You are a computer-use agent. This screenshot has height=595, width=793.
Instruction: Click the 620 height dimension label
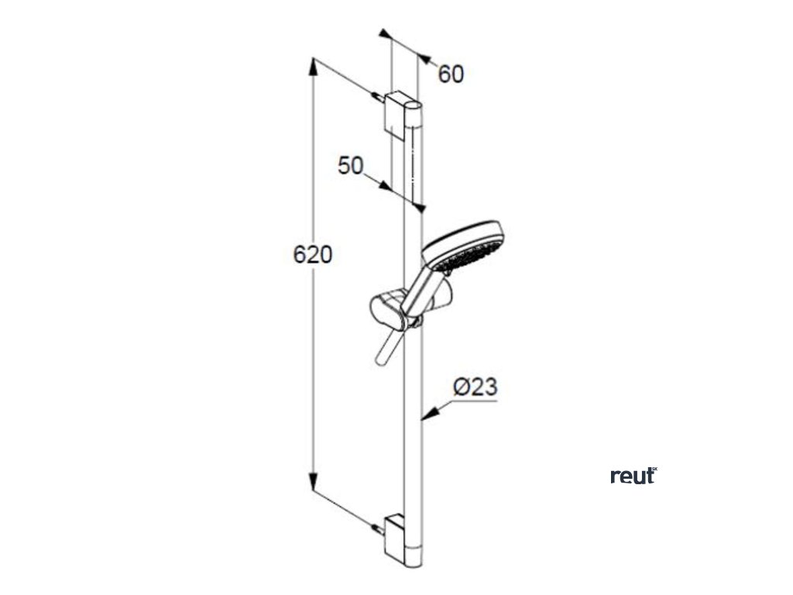tap(313, 254)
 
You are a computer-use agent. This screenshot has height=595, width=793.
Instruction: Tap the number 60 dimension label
tap(451, 74)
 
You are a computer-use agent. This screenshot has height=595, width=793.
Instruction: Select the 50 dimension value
tap(351, 165)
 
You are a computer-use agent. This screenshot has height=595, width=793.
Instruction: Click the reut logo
tap(633, 476)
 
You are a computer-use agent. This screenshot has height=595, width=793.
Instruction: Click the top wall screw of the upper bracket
tap(377, 97)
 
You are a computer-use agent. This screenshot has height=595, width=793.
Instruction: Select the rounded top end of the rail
tap(417, 105)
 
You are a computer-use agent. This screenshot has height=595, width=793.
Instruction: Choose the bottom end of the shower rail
tap(417, 562)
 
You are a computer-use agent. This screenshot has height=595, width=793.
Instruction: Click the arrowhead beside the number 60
tap(423, 57)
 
